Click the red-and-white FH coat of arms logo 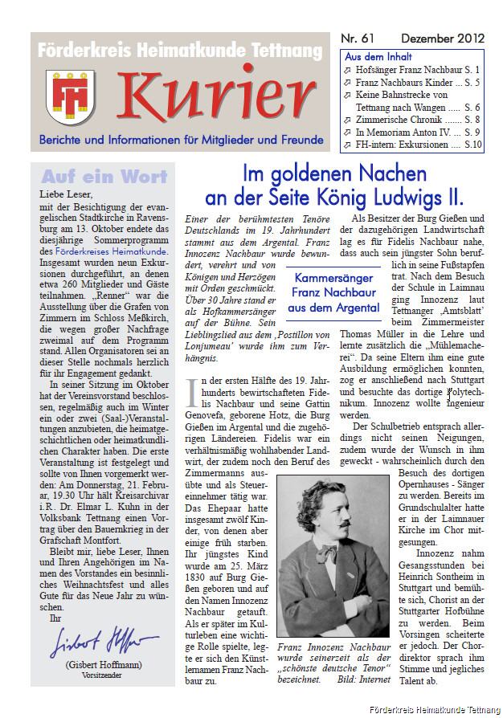click(64, 96)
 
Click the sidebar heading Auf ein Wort click(104, 176)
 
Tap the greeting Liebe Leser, click(66, 194)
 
